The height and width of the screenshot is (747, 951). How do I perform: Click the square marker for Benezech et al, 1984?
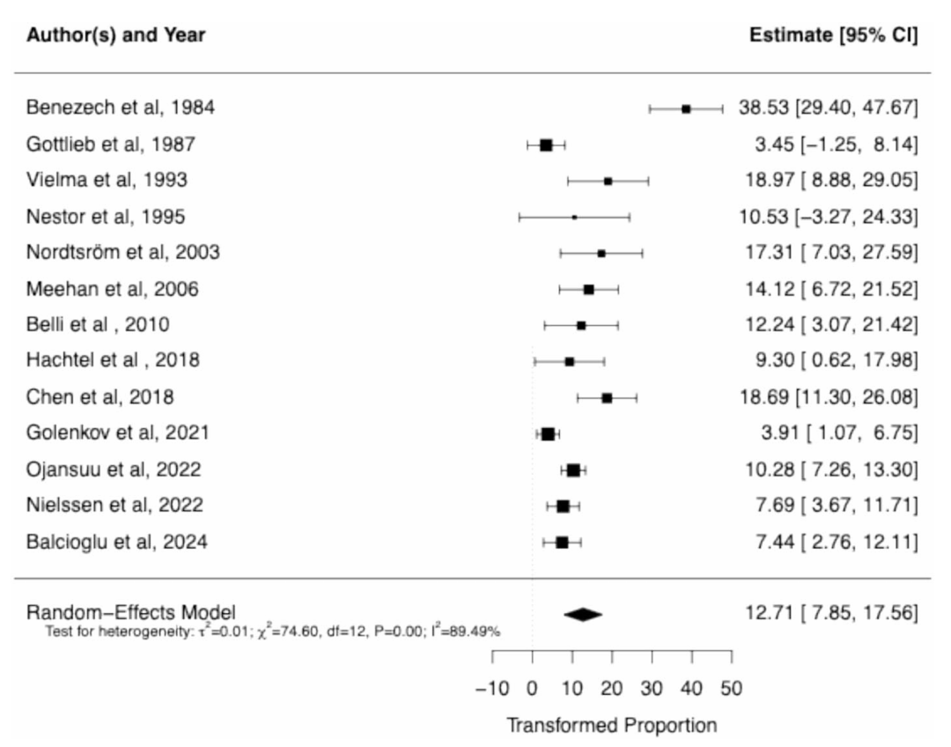[686, 108]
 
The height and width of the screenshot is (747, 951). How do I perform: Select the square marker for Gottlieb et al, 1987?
[546, 145]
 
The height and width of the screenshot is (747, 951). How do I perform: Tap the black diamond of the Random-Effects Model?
[583, 614]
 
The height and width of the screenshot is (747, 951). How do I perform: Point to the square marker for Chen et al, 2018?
[607, 398]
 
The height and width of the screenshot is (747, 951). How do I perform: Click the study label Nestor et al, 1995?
[106, 217]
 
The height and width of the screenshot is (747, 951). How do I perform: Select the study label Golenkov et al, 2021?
[118, 433]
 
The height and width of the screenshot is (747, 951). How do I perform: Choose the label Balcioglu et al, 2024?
[117, 542]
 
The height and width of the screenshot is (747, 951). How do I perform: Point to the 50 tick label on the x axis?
[731, 688]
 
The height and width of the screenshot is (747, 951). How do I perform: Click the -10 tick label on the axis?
[492, 688]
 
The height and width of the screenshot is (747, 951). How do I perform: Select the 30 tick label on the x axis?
[652, 688]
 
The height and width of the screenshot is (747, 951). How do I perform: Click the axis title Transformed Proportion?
[611, 726]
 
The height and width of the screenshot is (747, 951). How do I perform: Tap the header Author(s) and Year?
[115, 36]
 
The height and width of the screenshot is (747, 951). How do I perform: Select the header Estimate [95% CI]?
[833, 36]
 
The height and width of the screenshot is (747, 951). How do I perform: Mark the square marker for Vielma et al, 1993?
[608, 181]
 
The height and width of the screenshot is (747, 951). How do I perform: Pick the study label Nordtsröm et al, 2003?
[122, 253]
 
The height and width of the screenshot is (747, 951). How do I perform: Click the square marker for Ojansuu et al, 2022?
[573, 470]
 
